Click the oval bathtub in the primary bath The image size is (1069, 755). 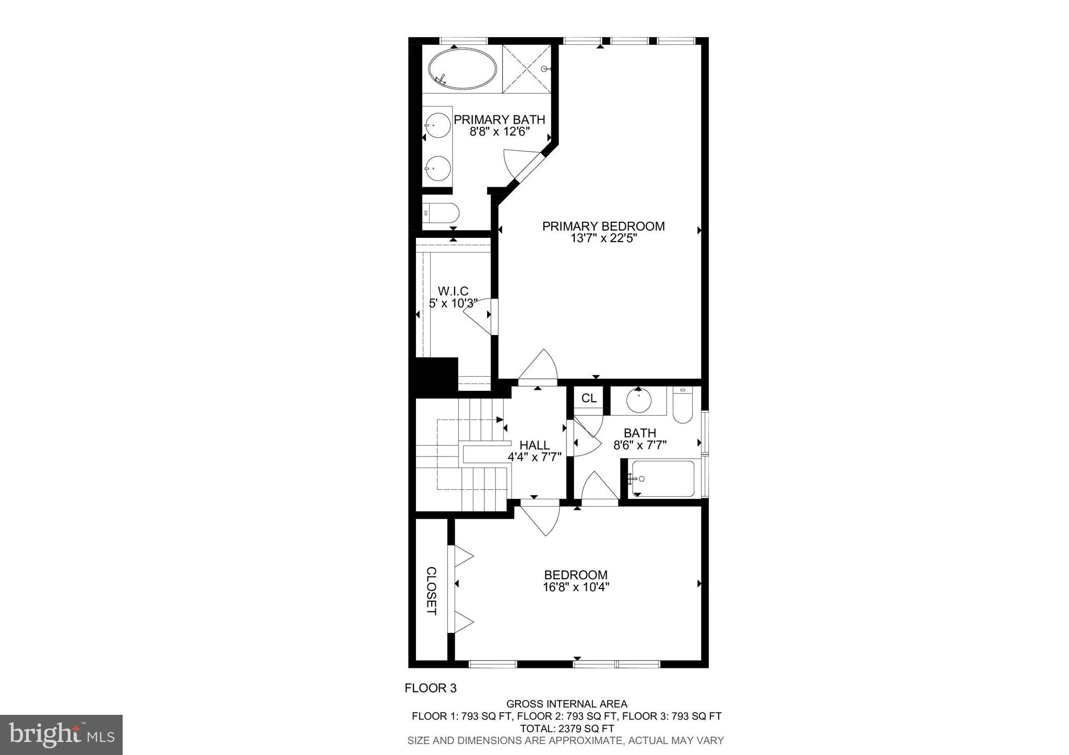(x=462, y=69)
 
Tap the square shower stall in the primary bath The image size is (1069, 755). (x=526, y=69)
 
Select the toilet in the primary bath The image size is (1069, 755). (x=442, y=213)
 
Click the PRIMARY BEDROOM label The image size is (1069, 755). (x=603, y=226)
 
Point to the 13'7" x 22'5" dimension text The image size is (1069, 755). (x=604, y=238)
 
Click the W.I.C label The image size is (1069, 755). (x=453, y=291)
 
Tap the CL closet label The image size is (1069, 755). (x=589, y=399)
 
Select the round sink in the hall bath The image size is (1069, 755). (x=638, y=402)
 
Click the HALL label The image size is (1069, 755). (x=534, y=445)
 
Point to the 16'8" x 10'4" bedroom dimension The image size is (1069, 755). (x=576, y=587)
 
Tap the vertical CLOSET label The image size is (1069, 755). (x=431, y=591)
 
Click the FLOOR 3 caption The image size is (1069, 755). (x=431, y=688)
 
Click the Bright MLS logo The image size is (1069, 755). (x=61, y=735)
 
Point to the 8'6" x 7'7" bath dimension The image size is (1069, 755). (x=640, y=445)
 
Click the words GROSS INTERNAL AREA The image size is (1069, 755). (x=567, y=704)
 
